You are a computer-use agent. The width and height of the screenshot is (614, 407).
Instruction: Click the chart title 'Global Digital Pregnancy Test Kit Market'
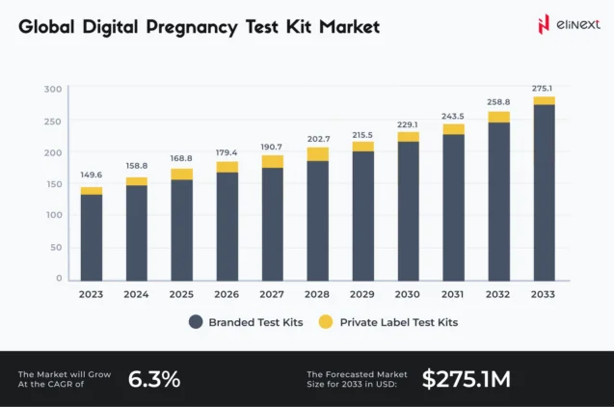click(199, 27)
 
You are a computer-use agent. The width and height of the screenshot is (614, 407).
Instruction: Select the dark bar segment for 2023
click(92, 236)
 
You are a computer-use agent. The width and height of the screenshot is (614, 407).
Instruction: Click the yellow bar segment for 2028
click(317, 153)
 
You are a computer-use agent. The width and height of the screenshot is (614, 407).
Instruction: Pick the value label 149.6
click(92, 176)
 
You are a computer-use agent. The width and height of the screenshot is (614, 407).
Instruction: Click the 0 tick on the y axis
click(58, 278)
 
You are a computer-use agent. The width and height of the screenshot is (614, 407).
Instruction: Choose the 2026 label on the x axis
click(227, 294)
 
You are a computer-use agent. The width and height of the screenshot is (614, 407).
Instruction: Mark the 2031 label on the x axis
click(453, 294)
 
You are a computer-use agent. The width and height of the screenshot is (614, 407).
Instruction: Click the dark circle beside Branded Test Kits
click(195, 322)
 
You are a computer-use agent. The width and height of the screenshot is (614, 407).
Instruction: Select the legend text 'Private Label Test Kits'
click(399, 322)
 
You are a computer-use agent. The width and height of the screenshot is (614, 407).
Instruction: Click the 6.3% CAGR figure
click(154, 379)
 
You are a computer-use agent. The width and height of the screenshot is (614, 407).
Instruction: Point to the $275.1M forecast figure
click(467, 379)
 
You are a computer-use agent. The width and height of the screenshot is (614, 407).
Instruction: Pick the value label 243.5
click(453, 114)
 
